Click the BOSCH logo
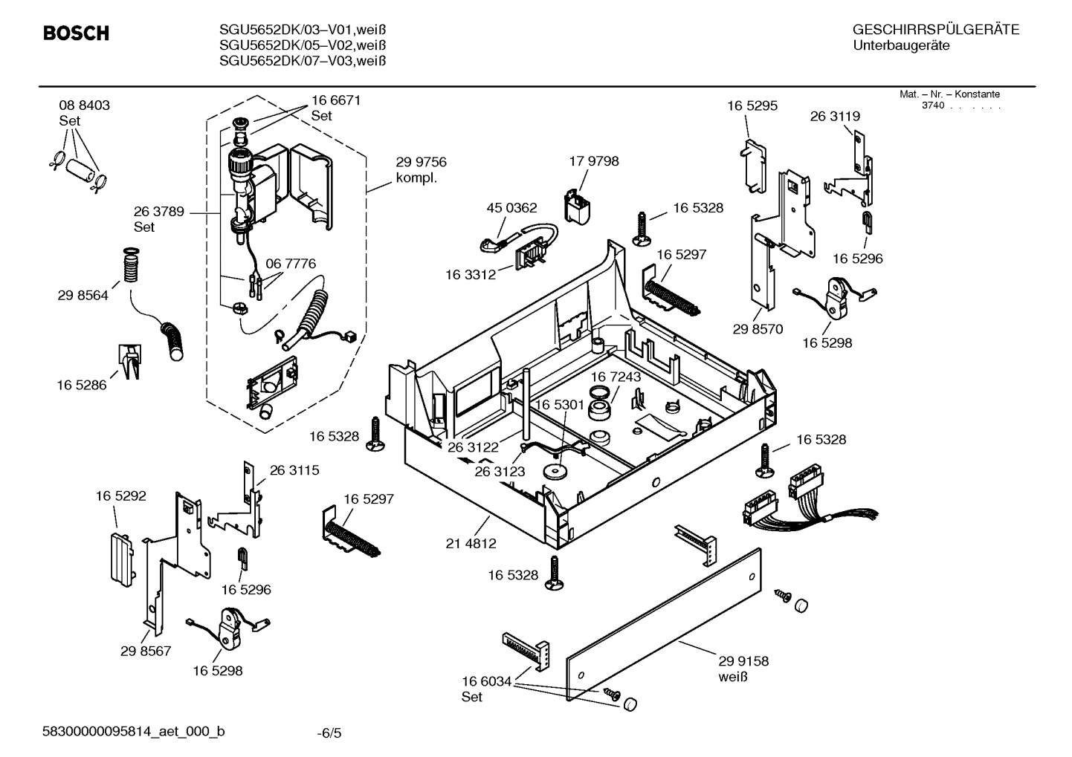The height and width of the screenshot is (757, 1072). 76,33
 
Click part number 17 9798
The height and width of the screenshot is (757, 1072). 593,161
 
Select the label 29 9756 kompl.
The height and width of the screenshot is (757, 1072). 421,170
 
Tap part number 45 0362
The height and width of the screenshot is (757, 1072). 511,208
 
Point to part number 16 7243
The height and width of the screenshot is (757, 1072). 616,377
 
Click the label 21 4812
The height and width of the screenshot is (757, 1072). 471,543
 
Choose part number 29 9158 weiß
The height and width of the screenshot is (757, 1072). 743,668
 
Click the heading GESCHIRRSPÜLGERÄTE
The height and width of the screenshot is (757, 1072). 935,30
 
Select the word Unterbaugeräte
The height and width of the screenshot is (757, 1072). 901,45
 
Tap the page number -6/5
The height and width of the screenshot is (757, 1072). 329,733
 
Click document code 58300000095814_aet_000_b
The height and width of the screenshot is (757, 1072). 133,732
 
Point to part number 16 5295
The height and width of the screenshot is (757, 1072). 752,105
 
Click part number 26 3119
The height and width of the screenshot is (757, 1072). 835,116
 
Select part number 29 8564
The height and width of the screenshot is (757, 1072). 83,295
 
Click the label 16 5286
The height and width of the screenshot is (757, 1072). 81,385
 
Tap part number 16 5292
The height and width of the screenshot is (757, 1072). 120,495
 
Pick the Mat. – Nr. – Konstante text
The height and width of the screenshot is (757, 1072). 949,94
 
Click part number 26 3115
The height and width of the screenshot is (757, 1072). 294,470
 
